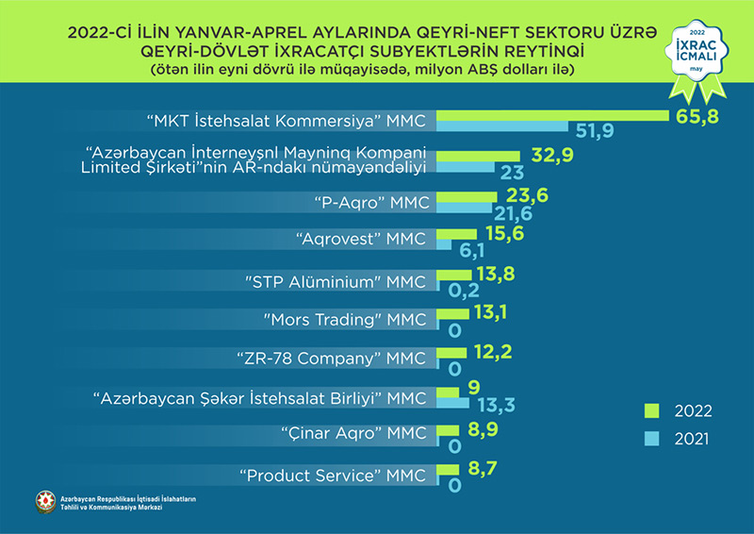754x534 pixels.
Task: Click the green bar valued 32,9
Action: click(479, 155)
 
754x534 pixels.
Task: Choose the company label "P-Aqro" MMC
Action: click(366, 201)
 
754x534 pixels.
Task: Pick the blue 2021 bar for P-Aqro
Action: click(467, 209)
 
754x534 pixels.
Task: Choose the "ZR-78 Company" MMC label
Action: click(334, 359)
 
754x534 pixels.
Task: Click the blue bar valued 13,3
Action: click(453, 404)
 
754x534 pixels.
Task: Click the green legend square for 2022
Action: click(649, 410)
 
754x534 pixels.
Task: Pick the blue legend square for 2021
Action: click(649, 439)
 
